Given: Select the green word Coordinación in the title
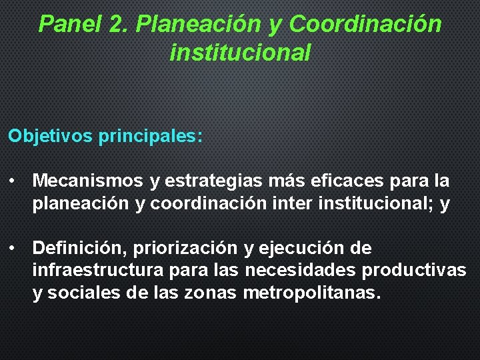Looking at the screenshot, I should coord(365,24).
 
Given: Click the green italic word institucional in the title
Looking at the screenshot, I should coord(240,52).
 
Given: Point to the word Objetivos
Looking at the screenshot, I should coord(51,136).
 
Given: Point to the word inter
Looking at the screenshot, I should coord(293,204).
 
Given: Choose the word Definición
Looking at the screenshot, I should coord(79,248).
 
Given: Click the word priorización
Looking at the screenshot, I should coord(185,248).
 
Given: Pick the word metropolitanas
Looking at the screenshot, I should coord(313,293).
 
